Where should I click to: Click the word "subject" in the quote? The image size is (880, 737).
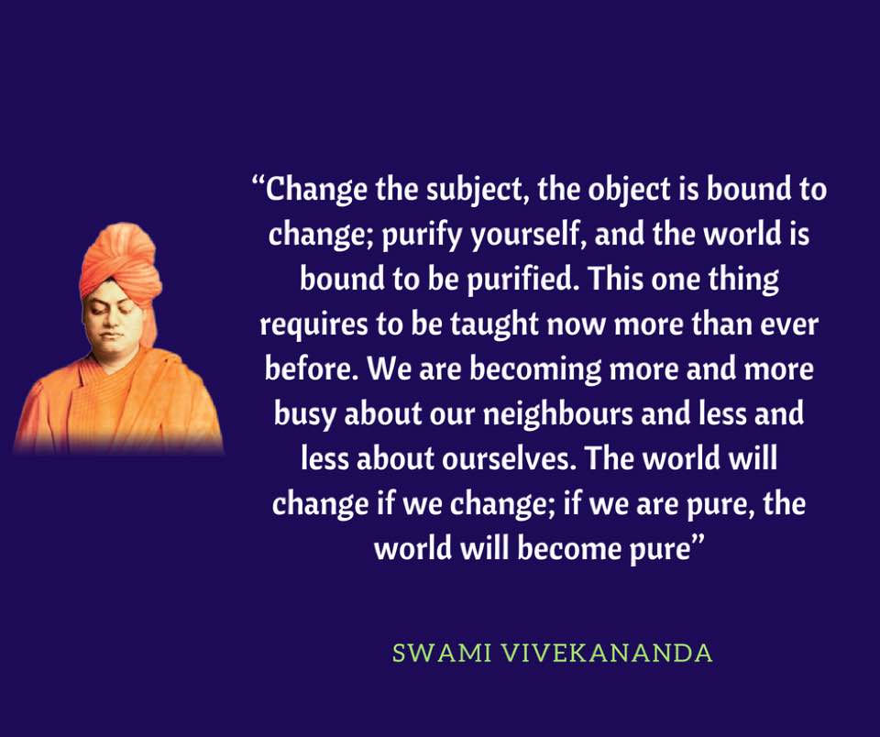474,190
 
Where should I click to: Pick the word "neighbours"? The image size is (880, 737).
558,414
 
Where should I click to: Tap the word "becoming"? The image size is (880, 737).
534,369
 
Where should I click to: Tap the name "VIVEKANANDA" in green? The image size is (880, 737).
607,653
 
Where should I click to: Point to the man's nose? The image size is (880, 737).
109,322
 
